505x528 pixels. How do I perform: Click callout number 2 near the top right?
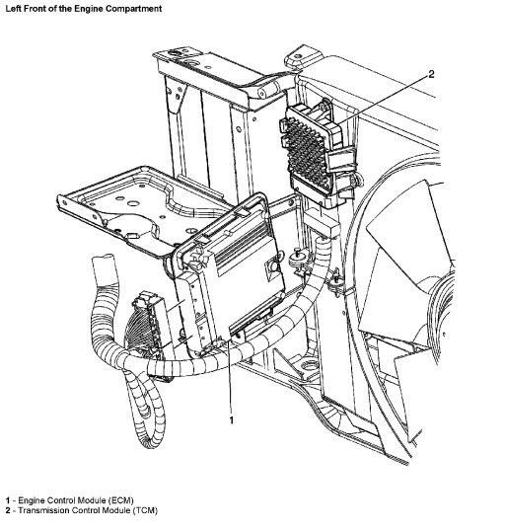tap(431, 74)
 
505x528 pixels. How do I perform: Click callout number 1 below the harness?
tap(231, 420)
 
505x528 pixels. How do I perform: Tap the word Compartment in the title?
tap(134, 9)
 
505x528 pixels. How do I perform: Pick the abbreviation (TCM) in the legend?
tap(145, 511)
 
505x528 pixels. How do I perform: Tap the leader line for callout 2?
tap(382, 100)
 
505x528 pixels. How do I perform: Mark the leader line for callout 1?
tap(230, 377)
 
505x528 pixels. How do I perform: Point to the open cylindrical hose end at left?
tap(102, 266)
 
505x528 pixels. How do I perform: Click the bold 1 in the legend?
tap(8, 500)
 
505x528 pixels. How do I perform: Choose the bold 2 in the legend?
tap(8, 511)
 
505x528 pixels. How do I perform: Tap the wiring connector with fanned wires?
tap(146, 324)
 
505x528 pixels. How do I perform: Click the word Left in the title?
tap(13, 9)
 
